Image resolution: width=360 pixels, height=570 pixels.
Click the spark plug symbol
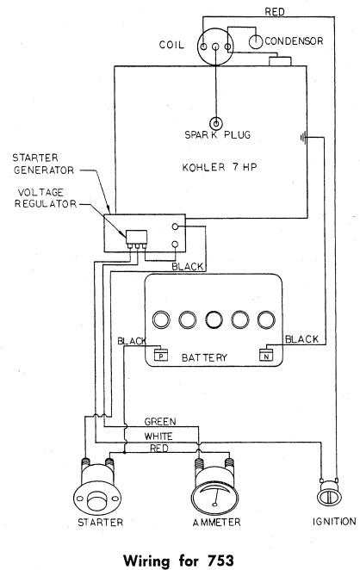(216, 123)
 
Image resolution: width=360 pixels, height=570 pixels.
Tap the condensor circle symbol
(256, 42)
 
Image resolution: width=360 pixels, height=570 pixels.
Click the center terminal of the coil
(215, 46)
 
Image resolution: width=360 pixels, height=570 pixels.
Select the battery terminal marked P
(161, 355)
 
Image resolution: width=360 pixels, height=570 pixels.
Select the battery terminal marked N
(266, 355)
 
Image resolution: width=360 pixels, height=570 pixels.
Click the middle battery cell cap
(214, 319)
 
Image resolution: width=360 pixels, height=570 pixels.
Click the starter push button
(96, 501)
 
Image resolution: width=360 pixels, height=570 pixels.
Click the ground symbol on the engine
(303, 138)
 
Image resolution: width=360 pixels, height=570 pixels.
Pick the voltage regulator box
(137, 237)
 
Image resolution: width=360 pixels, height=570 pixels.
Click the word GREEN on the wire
(160, 422)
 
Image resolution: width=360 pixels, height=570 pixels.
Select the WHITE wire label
(158, 436)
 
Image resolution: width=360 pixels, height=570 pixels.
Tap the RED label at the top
(275, 12)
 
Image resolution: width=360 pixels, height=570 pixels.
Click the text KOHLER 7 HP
(220, 167)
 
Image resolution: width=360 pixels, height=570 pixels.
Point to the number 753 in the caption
(220, 561)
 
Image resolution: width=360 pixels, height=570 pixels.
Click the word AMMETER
(216, 522)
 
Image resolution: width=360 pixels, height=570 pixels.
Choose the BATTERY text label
(204, 357)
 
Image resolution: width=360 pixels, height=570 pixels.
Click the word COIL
(171, 45)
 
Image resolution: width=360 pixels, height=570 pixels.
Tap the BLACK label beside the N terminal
(301, 339)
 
